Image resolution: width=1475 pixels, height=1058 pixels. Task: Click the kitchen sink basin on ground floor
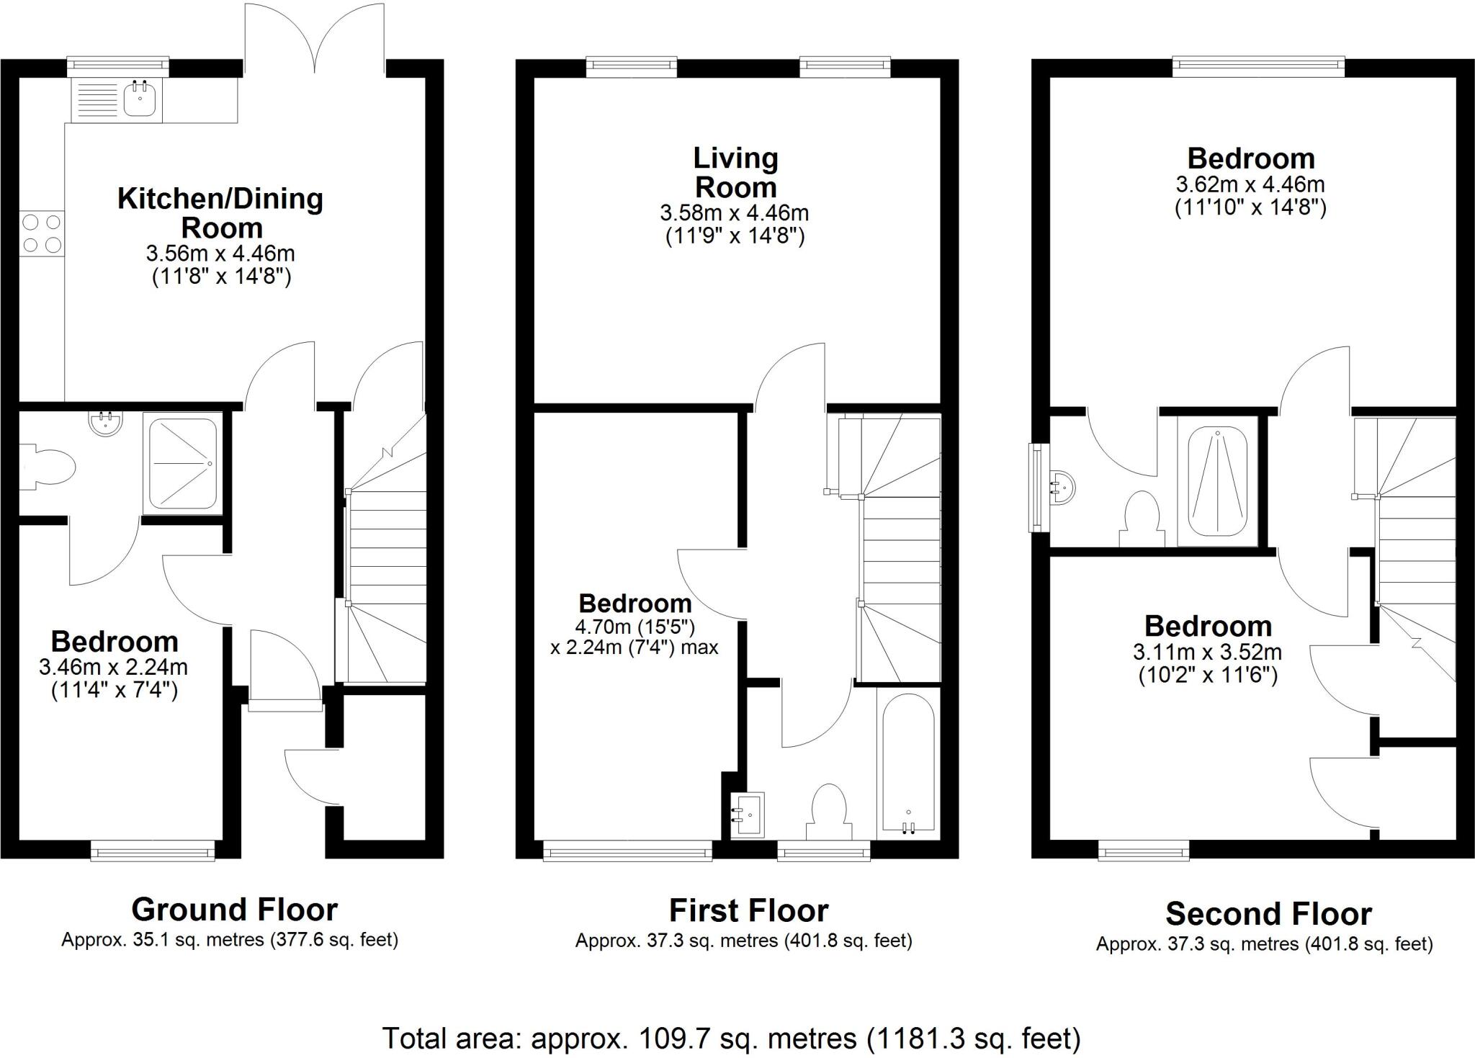139,99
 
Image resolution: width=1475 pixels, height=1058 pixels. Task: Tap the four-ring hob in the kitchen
42,234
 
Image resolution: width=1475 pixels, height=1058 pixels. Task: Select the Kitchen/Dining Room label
220,212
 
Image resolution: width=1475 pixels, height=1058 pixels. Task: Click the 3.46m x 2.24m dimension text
114,667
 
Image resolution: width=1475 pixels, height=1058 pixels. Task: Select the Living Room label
735,173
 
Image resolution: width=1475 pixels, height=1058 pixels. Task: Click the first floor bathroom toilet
828,810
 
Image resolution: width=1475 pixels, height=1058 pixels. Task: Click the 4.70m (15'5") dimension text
635,627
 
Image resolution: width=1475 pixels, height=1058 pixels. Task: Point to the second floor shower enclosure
1216,482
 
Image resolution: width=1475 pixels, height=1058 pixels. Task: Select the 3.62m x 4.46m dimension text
1250,184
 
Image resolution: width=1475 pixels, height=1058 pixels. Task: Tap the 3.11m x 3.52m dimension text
1208,653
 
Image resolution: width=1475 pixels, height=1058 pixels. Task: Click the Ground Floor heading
234,910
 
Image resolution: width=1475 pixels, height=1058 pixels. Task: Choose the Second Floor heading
1268,914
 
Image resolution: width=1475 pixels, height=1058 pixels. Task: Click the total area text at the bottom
730,1038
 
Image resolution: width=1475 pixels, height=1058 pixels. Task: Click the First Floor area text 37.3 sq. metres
743,941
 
